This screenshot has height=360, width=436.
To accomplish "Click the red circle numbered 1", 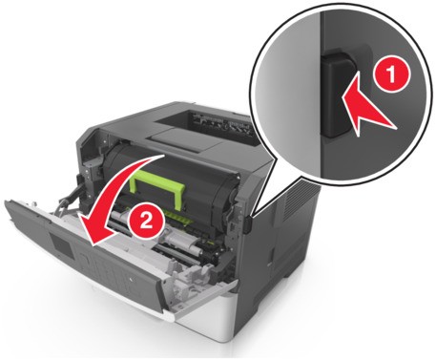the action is click(391, 75).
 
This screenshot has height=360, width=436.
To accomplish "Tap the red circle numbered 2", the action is click(146, 221).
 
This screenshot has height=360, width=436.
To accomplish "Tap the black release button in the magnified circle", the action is click(337, 95).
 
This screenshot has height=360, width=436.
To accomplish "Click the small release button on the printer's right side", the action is click(249, 222).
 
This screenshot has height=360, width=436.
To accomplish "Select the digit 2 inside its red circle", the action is click(146, 221).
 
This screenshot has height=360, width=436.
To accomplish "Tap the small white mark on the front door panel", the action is click(132, 280).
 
